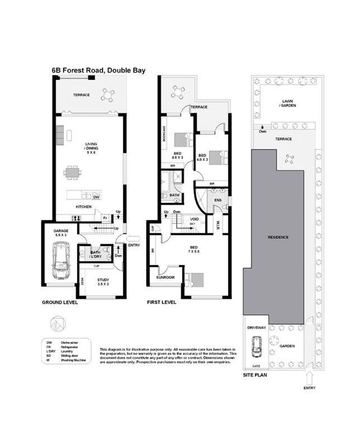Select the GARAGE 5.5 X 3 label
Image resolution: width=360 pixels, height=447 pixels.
(x=60, y=234)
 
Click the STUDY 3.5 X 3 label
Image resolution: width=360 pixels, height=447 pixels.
(x=103, y=282)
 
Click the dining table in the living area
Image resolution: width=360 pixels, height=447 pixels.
(x=73, y=173)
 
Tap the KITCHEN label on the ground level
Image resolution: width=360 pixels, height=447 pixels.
(x=84, y=207)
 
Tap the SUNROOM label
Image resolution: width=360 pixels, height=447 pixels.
(x=165, y=277)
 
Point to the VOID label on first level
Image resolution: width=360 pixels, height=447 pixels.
(x=195, y=219)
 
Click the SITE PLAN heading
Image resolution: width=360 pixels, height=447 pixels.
(x=254, y=375)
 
